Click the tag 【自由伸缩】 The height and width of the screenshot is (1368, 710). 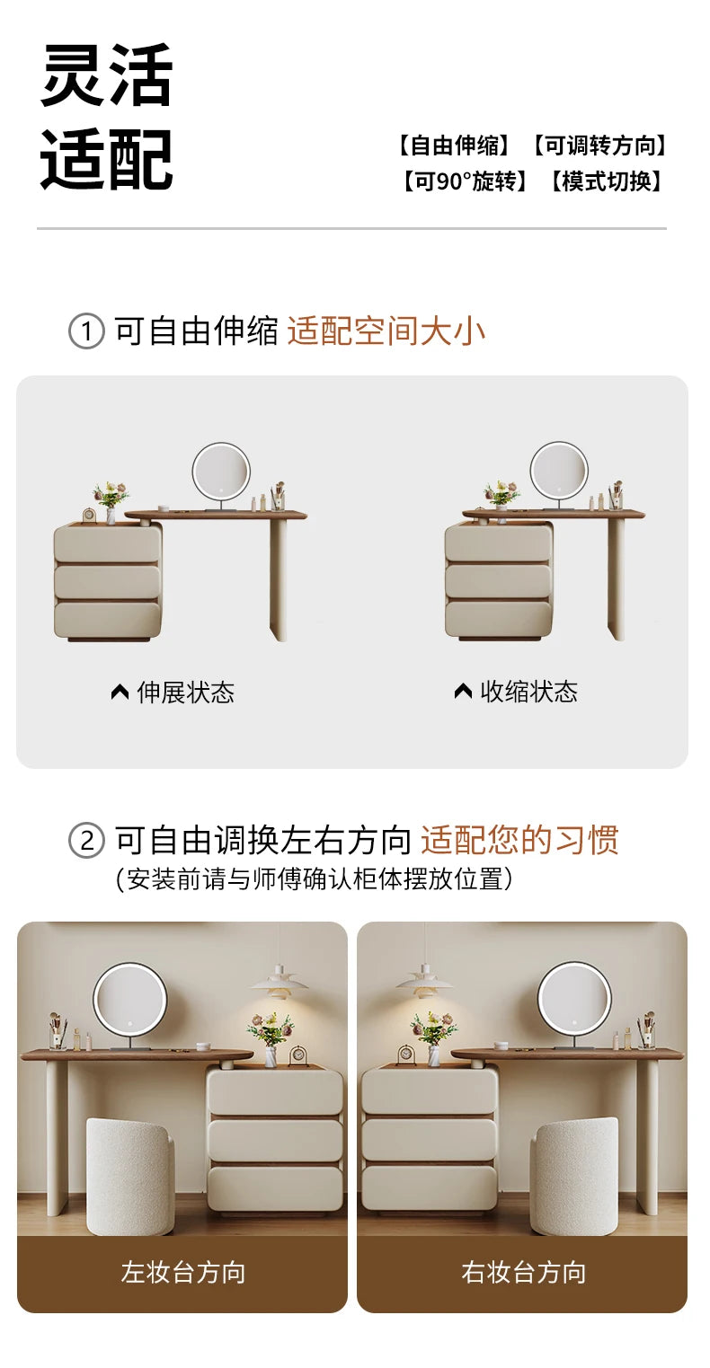453,146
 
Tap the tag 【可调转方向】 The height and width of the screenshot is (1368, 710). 600,146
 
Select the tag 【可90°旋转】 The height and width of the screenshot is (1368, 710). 464,181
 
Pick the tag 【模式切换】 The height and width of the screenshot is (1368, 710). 606,181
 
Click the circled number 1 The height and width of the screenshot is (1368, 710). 86,331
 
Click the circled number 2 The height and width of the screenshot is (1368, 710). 86,841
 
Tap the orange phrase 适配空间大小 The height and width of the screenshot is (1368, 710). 386,331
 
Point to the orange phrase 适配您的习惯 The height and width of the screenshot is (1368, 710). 520,840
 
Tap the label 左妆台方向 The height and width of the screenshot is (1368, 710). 183,1272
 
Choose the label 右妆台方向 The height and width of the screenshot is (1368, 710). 524,1272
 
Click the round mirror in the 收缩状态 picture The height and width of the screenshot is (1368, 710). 559,472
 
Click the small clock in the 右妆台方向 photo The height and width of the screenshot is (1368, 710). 405,1055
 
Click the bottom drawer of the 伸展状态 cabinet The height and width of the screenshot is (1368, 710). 108,620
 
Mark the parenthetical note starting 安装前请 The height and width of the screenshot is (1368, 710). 314,879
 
